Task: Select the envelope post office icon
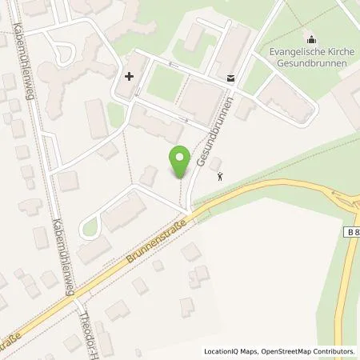coord(230,78)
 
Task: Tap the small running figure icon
coord(222,177)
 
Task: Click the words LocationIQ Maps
coord(228,351)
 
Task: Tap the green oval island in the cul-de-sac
coord(90,231)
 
